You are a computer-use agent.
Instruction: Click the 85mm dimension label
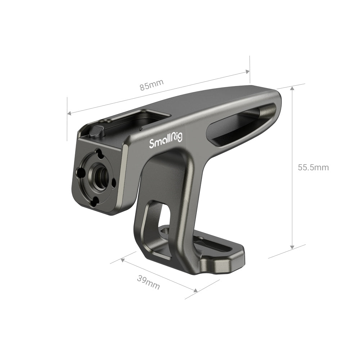tap(152, 85)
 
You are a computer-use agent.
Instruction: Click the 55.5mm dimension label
tap(313, 167)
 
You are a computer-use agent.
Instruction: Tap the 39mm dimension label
tap(148, 282)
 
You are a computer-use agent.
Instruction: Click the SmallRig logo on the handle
tap(166, 141)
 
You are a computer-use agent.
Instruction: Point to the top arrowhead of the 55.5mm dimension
tap(292, 89)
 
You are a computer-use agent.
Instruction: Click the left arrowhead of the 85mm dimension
tap(69, 113)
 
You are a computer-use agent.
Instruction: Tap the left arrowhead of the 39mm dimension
tap(123, 260)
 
